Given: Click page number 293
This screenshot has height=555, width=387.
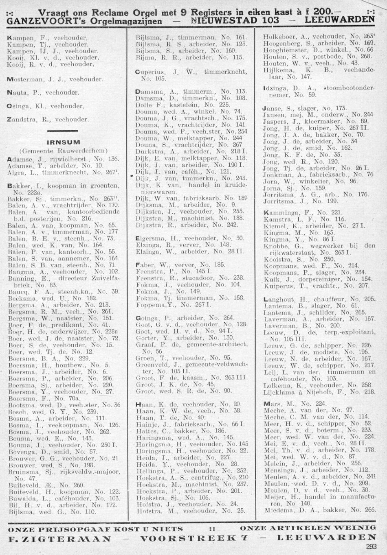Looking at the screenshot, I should [x=371, y=546].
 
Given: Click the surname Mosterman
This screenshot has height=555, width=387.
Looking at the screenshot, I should [x=24, y=78].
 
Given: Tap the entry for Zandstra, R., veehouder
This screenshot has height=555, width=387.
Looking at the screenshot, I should [x=48, y=120].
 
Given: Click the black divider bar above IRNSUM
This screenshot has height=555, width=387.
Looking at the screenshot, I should [x=62, y=131].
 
